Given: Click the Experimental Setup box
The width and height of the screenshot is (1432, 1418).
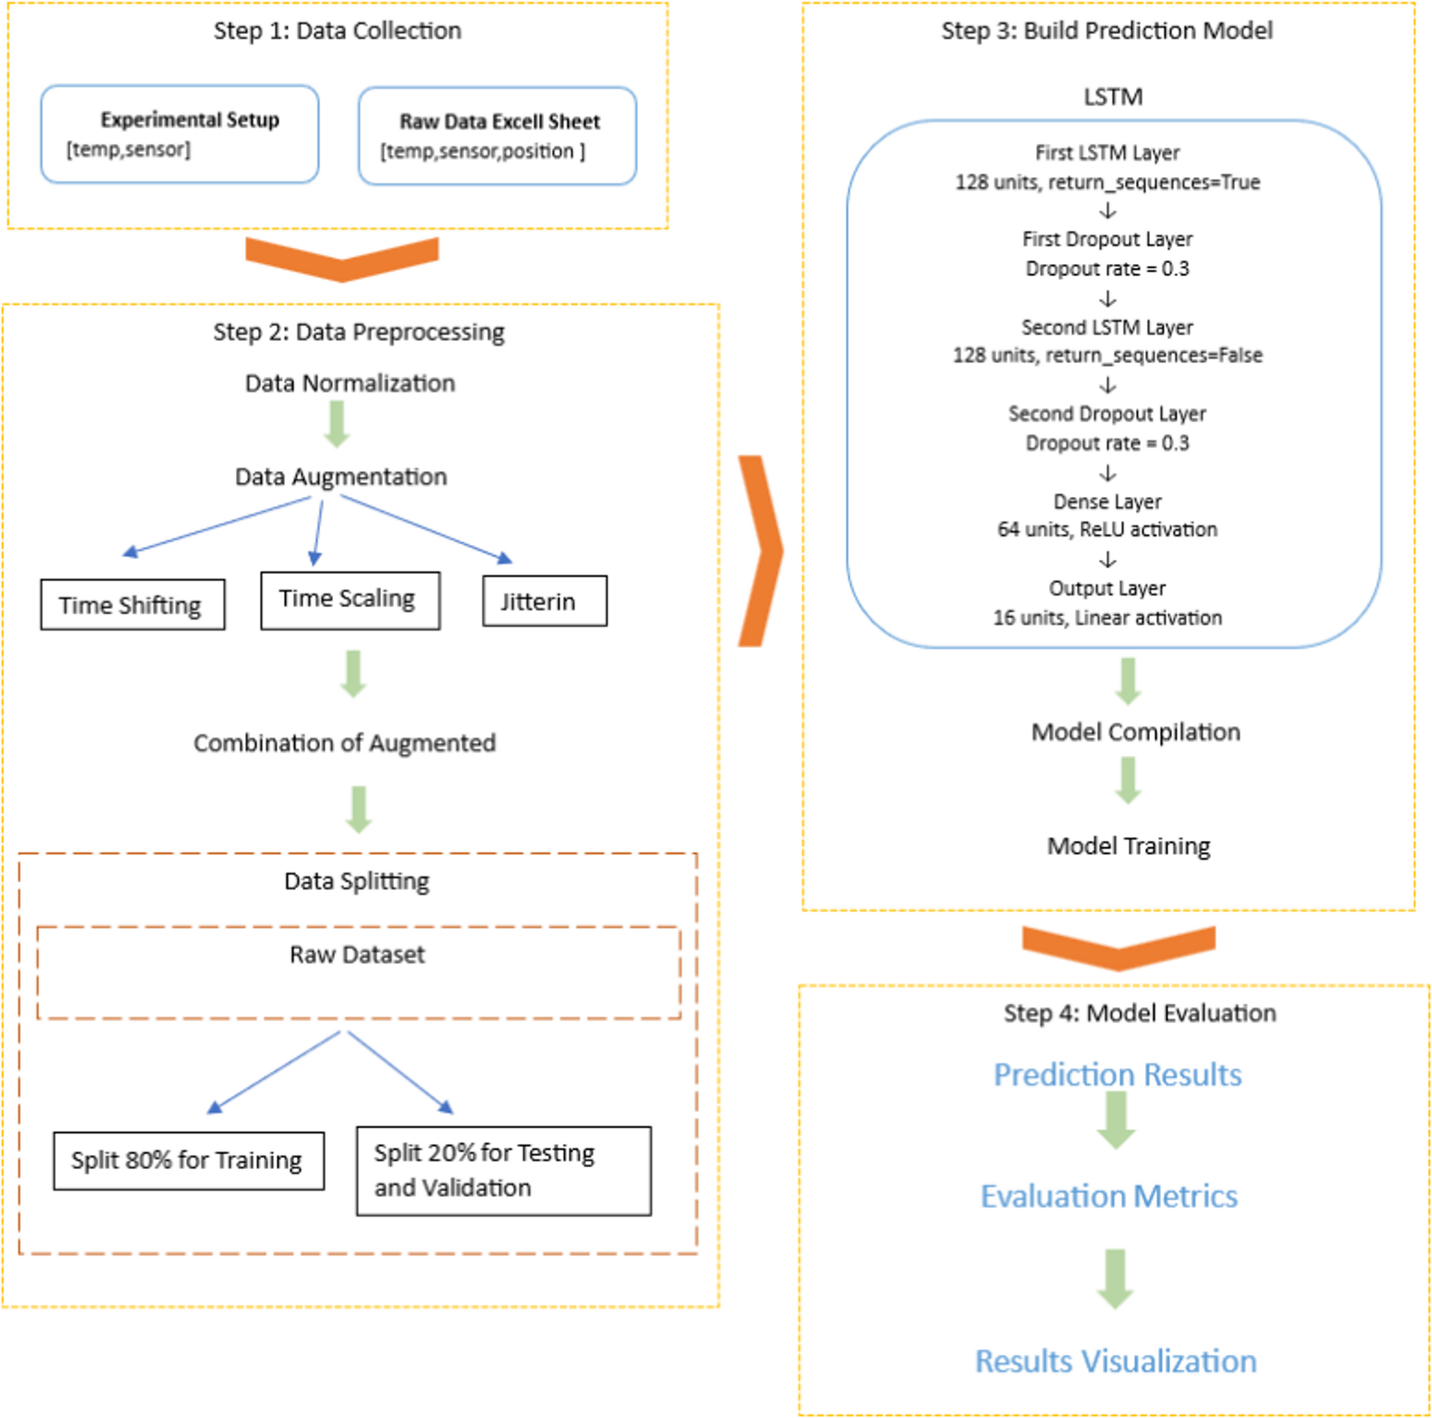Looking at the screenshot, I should tap(180, 134).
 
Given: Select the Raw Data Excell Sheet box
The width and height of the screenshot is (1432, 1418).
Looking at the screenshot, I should tap(497, 136).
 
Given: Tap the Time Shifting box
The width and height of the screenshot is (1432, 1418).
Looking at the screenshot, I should tap(132, 605).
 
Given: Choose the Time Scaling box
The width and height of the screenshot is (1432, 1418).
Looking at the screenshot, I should tap(350, 600).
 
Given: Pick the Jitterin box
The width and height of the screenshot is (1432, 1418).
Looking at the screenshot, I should tap(544, 601).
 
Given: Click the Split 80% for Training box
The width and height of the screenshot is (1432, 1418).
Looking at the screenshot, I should tap(188, 1161).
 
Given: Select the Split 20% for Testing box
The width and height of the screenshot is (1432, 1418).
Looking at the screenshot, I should tap(504, 1171).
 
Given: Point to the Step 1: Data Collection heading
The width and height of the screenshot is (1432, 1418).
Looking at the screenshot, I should tap(337, 31).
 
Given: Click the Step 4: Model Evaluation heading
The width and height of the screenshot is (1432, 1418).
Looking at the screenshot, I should tap(1139, 1012).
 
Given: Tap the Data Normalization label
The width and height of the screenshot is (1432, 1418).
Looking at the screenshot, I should tap(350, 383).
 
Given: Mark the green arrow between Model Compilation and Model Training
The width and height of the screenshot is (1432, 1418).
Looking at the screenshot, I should tap(1128, 780).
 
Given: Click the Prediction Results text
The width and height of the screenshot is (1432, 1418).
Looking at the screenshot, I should tap(1117, 1074).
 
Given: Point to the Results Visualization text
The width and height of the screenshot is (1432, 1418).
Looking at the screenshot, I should tap(1116, 1361).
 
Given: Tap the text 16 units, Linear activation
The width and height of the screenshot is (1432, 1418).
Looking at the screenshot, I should tap(1107, 618).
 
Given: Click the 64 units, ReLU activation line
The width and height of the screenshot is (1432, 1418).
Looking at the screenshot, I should tap(1107, 530).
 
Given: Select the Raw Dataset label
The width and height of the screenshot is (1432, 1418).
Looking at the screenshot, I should tap(357, 955).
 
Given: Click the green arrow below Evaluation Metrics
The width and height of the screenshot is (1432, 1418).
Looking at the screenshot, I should tap(1115, 1279).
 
